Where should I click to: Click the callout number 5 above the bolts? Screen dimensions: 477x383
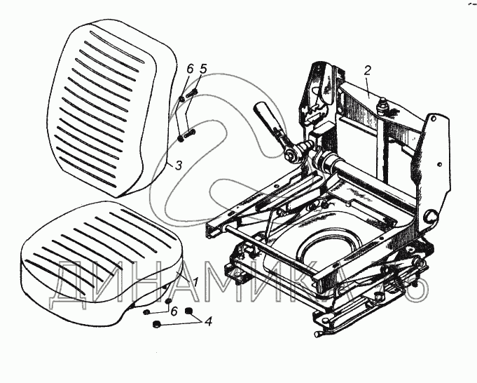point(204,69)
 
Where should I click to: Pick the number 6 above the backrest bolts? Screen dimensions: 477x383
point(189,69)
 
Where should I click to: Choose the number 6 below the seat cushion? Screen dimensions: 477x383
point(174,310)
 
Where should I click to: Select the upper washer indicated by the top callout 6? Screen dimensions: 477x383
point(181,98)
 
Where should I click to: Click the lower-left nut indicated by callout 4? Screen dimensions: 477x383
point(158,325)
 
